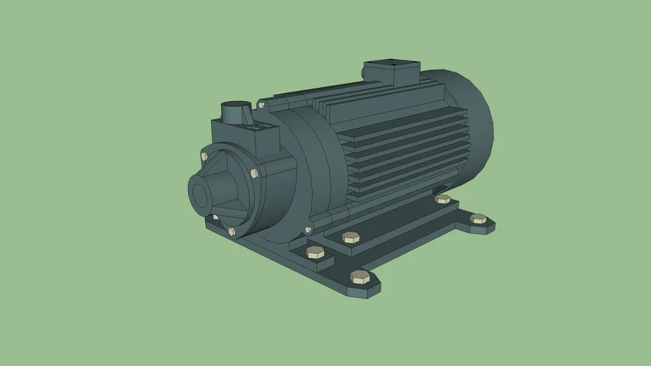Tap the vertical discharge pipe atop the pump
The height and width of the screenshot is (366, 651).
(234, 113)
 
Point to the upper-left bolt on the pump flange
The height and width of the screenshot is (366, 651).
(205, 156)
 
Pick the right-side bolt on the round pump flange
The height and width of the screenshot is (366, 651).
(254, 173)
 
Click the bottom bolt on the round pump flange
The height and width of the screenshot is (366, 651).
(232, 231)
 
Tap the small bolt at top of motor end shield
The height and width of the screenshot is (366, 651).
(262, 105)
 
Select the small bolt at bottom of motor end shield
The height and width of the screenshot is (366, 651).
(308, 229)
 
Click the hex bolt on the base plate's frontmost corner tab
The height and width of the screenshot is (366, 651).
(360, 277)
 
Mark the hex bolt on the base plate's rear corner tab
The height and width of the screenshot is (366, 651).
(478, 219)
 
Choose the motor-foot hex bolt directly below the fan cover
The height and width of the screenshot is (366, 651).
(443, 199)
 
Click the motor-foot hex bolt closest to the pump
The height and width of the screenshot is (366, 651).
(315, 252)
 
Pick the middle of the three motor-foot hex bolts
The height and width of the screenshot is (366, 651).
(350, 237)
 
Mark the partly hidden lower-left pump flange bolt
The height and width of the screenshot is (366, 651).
(214, 217)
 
